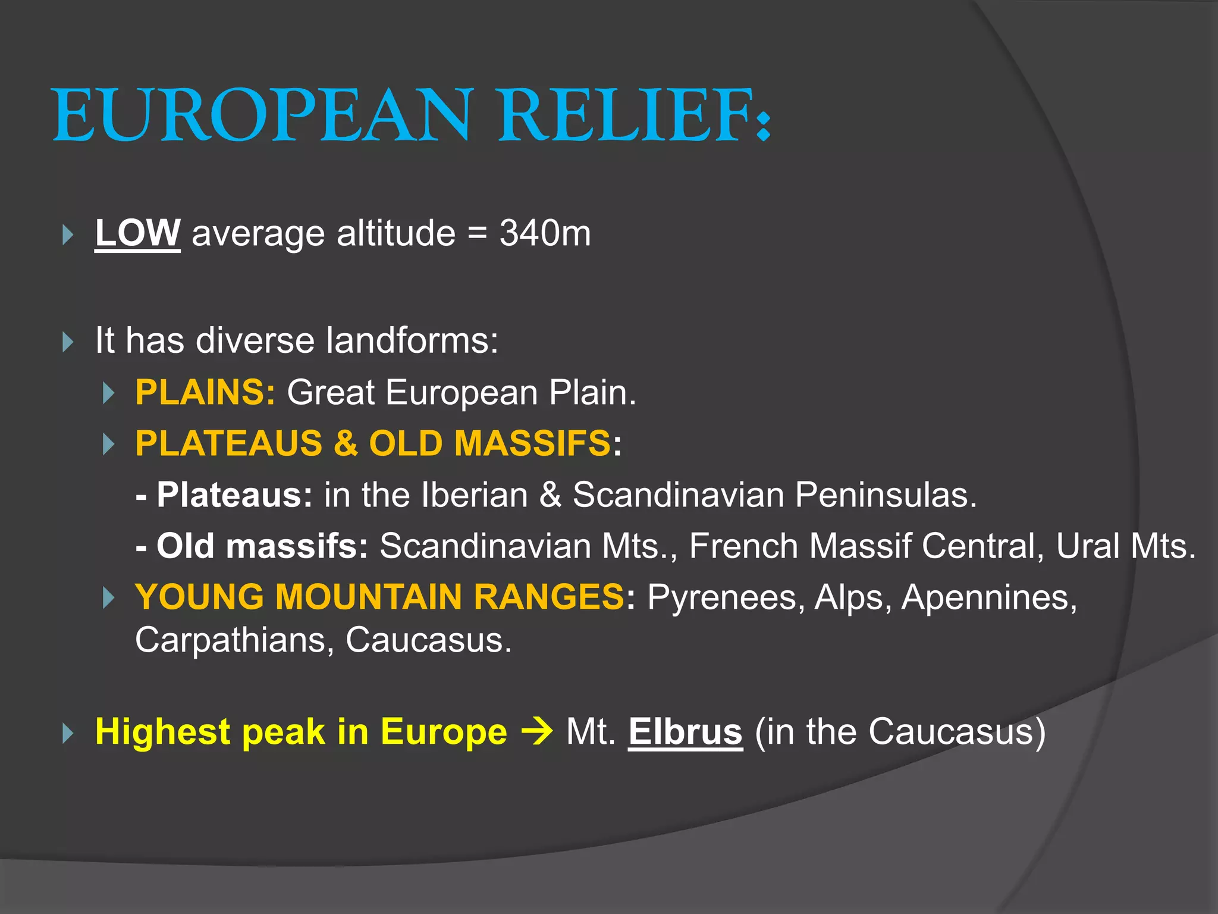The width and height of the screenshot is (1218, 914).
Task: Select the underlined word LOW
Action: [x=137, y=233]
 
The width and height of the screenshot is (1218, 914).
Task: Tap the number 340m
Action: [x=545, y=233]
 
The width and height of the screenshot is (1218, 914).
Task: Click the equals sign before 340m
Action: [x=476, y=233]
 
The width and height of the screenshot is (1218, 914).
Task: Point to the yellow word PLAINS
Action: [x=205, y=393]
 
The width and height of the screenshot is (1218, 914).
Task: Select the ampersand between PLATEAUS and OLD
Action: [x=346, y=444]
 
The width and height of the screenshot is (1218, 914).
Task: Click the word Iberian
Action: [x=474, y=495]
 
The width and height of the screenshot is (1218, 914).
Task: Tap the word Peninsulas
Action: [x=886, y=495]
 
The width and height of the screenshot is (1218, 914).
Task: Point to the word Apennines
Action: [x=989, y=597]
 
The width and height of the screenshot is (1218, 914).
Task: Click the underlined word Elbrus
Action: [x=685, y=731]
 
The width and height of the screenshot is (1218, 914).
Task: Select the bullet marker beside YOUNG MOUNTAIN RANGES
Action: [x=108, y=597]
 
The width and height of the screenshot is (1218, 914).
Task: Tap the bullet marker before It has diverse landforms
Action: [x=68, y=342]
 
